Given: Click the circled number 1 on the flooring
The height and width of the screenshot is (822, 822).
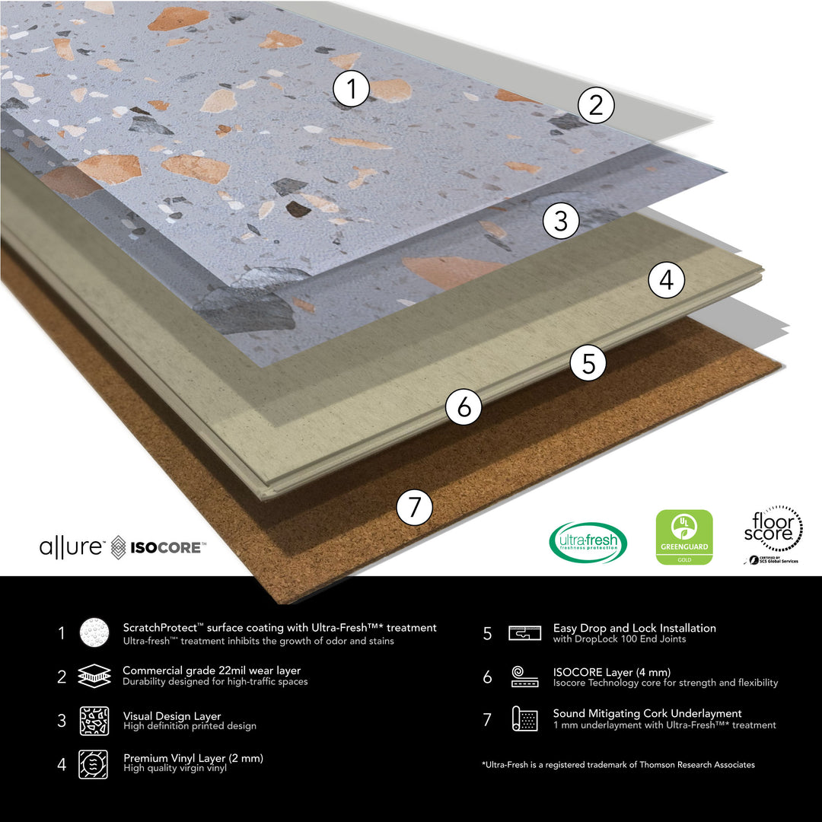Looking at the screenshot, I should (x=351, y=90).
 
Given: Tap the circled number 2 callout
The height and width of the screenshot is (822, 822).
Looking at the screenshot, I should (x=596, y=105).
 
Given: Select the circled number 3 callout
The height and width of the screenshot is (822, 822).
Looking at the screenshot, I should (x=561, y=221).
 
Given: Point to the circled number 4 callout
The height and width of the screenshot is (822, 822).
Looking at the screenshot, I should (x=666, y=281).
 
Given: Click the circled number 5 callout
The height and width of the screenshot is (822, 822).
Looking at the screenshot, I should (x=588, y=363).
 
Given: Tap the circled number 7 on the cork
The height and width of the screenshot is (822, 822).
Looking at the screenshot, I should (x=414, y=507).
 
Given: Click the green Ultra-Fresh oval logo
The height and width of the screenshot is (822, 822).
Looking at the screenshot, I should (x=588, y=542).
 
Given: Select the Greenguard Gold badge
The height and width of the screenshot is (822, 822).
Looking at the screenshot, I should (x=684, y=537).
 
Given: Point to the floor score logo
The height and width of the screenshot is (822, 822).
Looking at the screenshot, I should (x=773, y=534).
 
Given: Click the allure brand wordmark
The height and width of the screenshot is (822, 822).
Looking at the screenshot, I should (x=72, y=546).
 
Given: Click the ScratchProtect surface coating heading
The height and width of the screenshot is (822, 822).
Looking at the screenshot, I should (x=280, y=628).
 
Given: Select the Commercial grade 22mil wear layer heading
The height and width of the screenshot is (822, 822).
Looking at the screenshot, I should (x=212, y=671).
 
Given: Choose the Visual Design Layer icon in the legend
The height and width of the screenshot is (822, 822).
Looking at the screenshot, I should (x=94, y=720).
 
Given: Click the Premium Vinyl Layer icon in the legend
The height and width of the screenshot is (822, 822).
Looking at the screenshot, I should (x=94, y=763).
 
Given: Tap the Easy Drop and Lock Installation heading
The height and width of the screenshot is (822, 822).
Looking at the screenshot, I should (x=634, y=628).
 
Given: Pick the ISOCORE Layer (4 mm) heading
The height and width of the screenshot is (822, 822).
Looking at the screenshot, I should (x=612, y=671).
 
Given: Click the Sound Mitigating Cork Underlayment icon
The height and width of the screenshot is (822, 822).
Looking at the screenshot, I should (x=524, y=718).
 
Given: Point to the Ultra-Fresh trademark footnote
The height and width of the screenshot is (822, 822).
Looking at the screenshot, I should (x=618, y=764).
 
